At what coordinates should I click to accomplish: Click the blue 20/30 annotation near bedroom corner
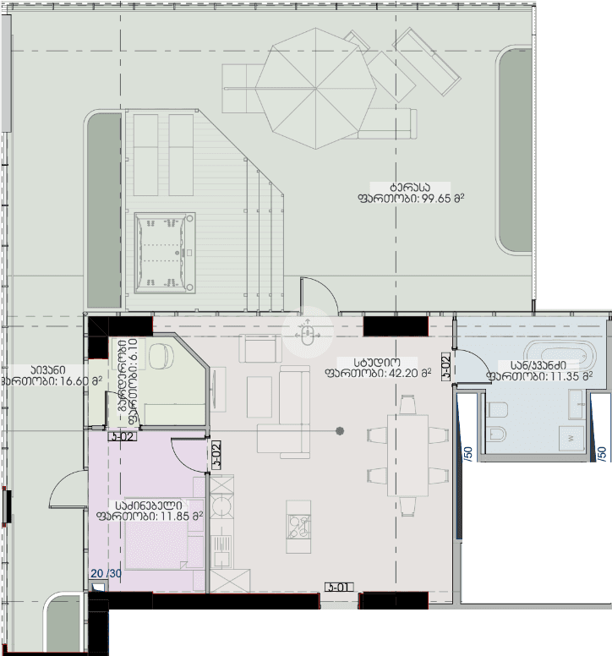pos(107,574)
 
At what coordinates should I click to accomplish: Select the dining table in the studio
pos(407,456)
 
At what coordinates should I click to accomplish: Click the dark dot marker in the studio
pos(339,431)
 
